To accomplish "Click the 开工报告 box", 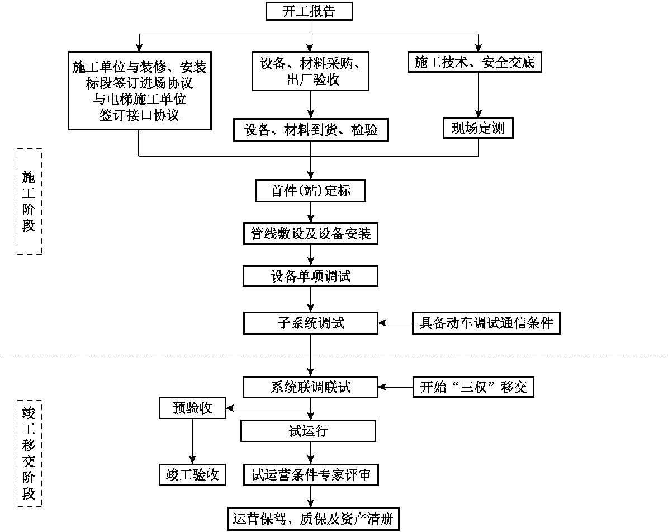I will coord(310,11).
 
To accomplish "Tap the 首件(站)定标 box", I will coord(311,191).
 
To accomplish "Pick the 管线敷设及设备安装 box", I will coord(311,233).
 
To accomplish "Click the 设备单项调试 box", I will coord(311,276).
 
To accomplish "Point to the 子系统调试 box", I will coord(311,323).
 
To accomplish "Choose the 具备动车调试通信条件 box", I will coord(486,323).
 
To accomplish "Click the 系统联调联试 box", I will coord(311,387).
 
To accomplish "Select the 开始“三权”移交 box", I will coord(473,387).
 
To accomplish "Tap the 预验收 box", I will coord(192,408).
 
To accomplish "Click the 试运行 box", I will coord(308,431).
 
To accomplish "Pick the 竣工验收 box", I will coord(192,475).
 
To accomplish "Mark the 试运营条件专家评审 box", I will coord(311,475).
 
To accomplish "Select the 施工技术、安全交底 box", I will coord(475,62).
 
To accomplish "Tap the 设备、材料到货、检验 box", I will coord(311,130).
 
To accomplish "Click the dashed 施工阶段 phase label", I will coord(29,201).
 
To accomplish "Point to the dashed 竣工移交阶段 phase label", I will coord(29,453).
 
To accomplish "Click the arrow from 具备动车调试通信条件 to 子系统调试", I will coord(396,323).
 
